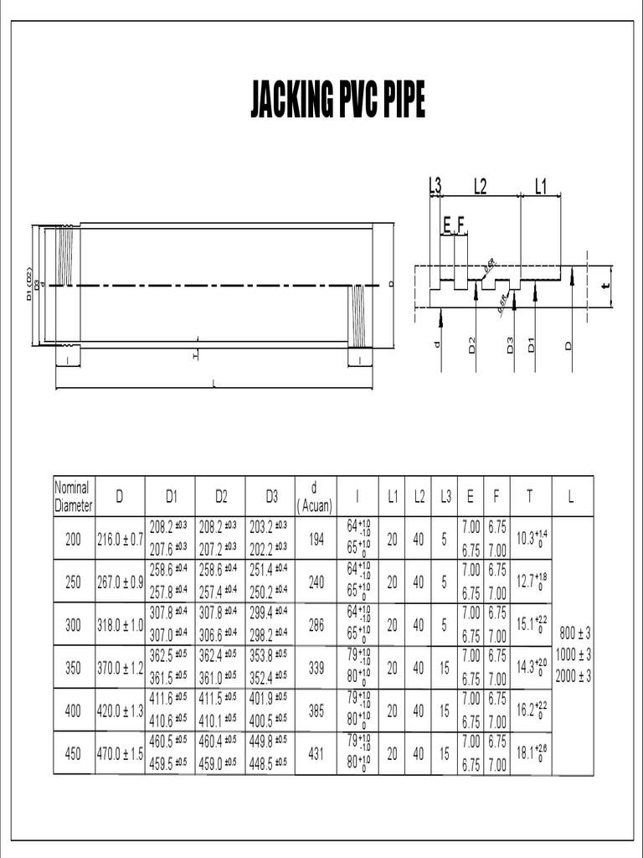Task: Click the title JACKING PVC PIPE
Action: coord(337,101)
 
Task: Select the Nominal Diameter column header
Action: coord(73,496)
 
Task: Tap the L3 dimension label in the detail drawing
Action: coord(435,186)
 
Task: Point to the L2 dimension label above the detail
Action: coord(480,186)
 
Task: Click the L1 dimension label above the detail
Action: coord(540,186)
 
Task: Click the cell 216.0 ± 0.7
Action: coord(120,540)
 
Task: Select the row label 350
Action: coord(73,668)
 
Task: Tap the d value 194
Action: coord(316,540)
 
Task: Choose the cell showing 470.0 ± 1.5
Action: coord(120,753)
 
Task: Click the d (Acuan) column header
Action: coord(315,497)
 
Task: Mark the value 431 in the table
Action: coord(316,753)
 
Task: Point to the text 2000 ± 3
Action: coord(573,676)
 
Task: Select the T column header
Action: coord(528,497)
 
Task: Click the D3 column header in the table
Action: coord(271,497)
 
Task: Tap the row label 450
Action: coord(73,753)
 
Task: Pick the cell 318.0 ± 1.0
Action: coord(120,625)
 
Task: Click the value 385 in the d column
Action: coord(316,711)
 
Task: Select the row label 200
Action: coord(73,540)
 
